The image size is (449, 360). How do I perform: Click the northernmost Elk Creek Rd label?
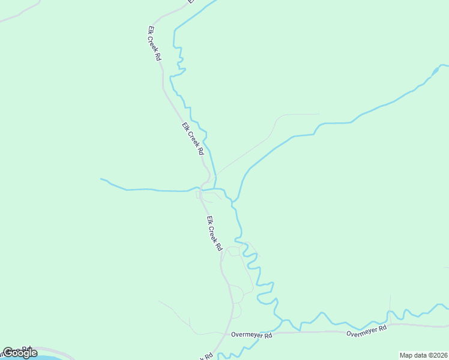pos(154,43)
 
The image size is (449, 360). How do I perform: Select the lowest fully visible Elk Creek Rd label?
pos(214,233)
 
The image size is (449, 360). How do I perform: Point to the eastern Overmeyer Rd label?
pos(367,329)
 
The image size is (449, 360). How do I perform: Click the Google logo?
pos(19,353)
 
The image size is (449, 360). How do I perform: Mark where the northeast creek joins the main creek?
pos(238,200)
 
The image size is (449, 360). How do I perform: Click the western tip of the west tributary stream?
pos(101,179)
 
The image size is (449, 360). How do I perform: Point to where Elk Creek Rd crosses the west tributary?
pos(200,189)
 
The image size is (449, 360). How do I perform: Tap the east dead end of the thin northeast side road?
pos(318,114)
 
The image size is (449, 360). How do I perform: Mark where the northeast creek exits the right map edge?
pos(447,65)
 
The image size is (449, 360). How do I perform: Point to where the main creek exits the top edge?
pos(214,1)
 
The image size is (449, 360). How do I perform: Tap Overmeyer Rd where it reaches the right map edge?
pos(447,326)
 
